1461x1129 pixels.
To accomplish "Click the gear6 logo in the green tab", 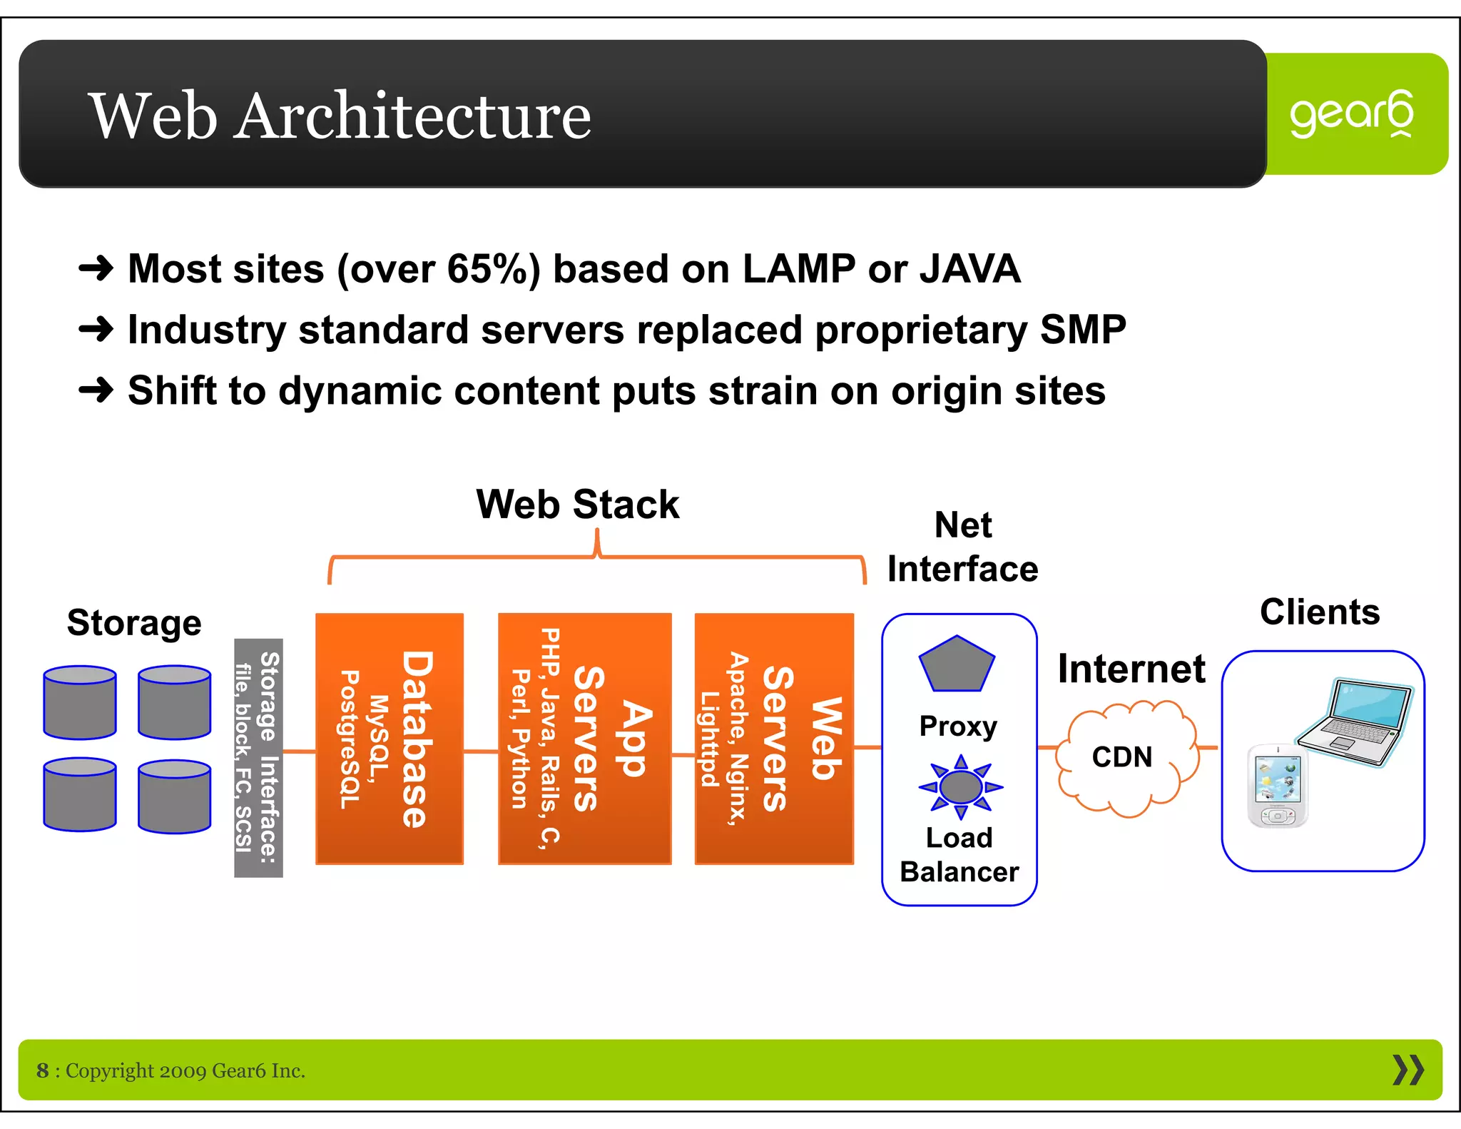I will pyautogui.click(x=1350, y=114).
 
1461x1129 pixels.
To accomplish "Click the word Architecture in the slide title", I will pyautogui.click(x=413, y=116).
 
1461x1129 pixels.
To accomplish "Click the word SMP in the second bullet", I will pyautogui.click(x=1082, y=330).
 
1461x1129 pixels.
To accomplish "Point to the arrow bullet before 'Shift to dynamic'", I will pyautogui.click(x=96, y=390).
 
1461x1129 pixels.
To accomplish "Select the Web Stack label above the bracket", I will pyautogui.click(x=577, y=505).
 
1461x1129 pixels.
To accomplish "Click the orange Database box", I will pyautogui.click(x=390, y=739).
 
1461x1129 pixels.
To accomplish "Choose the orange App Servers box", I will pyautogui.click(x=584, y=739).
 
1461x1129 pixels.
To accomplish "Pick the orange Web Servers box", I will pyautogui.click(x=774, y=739).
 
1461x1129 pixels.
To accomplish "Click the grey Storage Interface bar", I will pyautogui.click(x=258, y=757).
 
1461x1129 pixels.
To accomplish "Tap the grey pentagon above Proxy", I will pyautogui.click(x=957, y=664).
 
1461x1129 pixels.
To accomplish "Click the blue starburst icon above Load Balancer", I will pyautogui.click(x=960, y=786).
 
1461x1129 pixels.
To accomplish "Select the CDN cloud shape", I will pyautogui.click(x=1125, y=758).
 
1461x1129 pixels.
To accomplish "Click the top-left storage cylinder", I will pyautogui.click(x=79, y=702).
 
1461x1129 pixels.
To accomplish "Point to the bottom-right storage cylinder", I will pyautogui.click(x=174, y=796).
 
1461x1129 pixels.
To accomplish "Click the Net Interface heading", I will pyautogui.click(x=962, y=547).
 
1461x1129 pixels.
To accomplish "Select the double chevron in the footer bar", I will pyautogui.click(x=1407, y=1070).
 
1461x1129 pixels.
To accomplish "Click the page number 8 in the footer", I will pyautogui.click(x=43, y=1070).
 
